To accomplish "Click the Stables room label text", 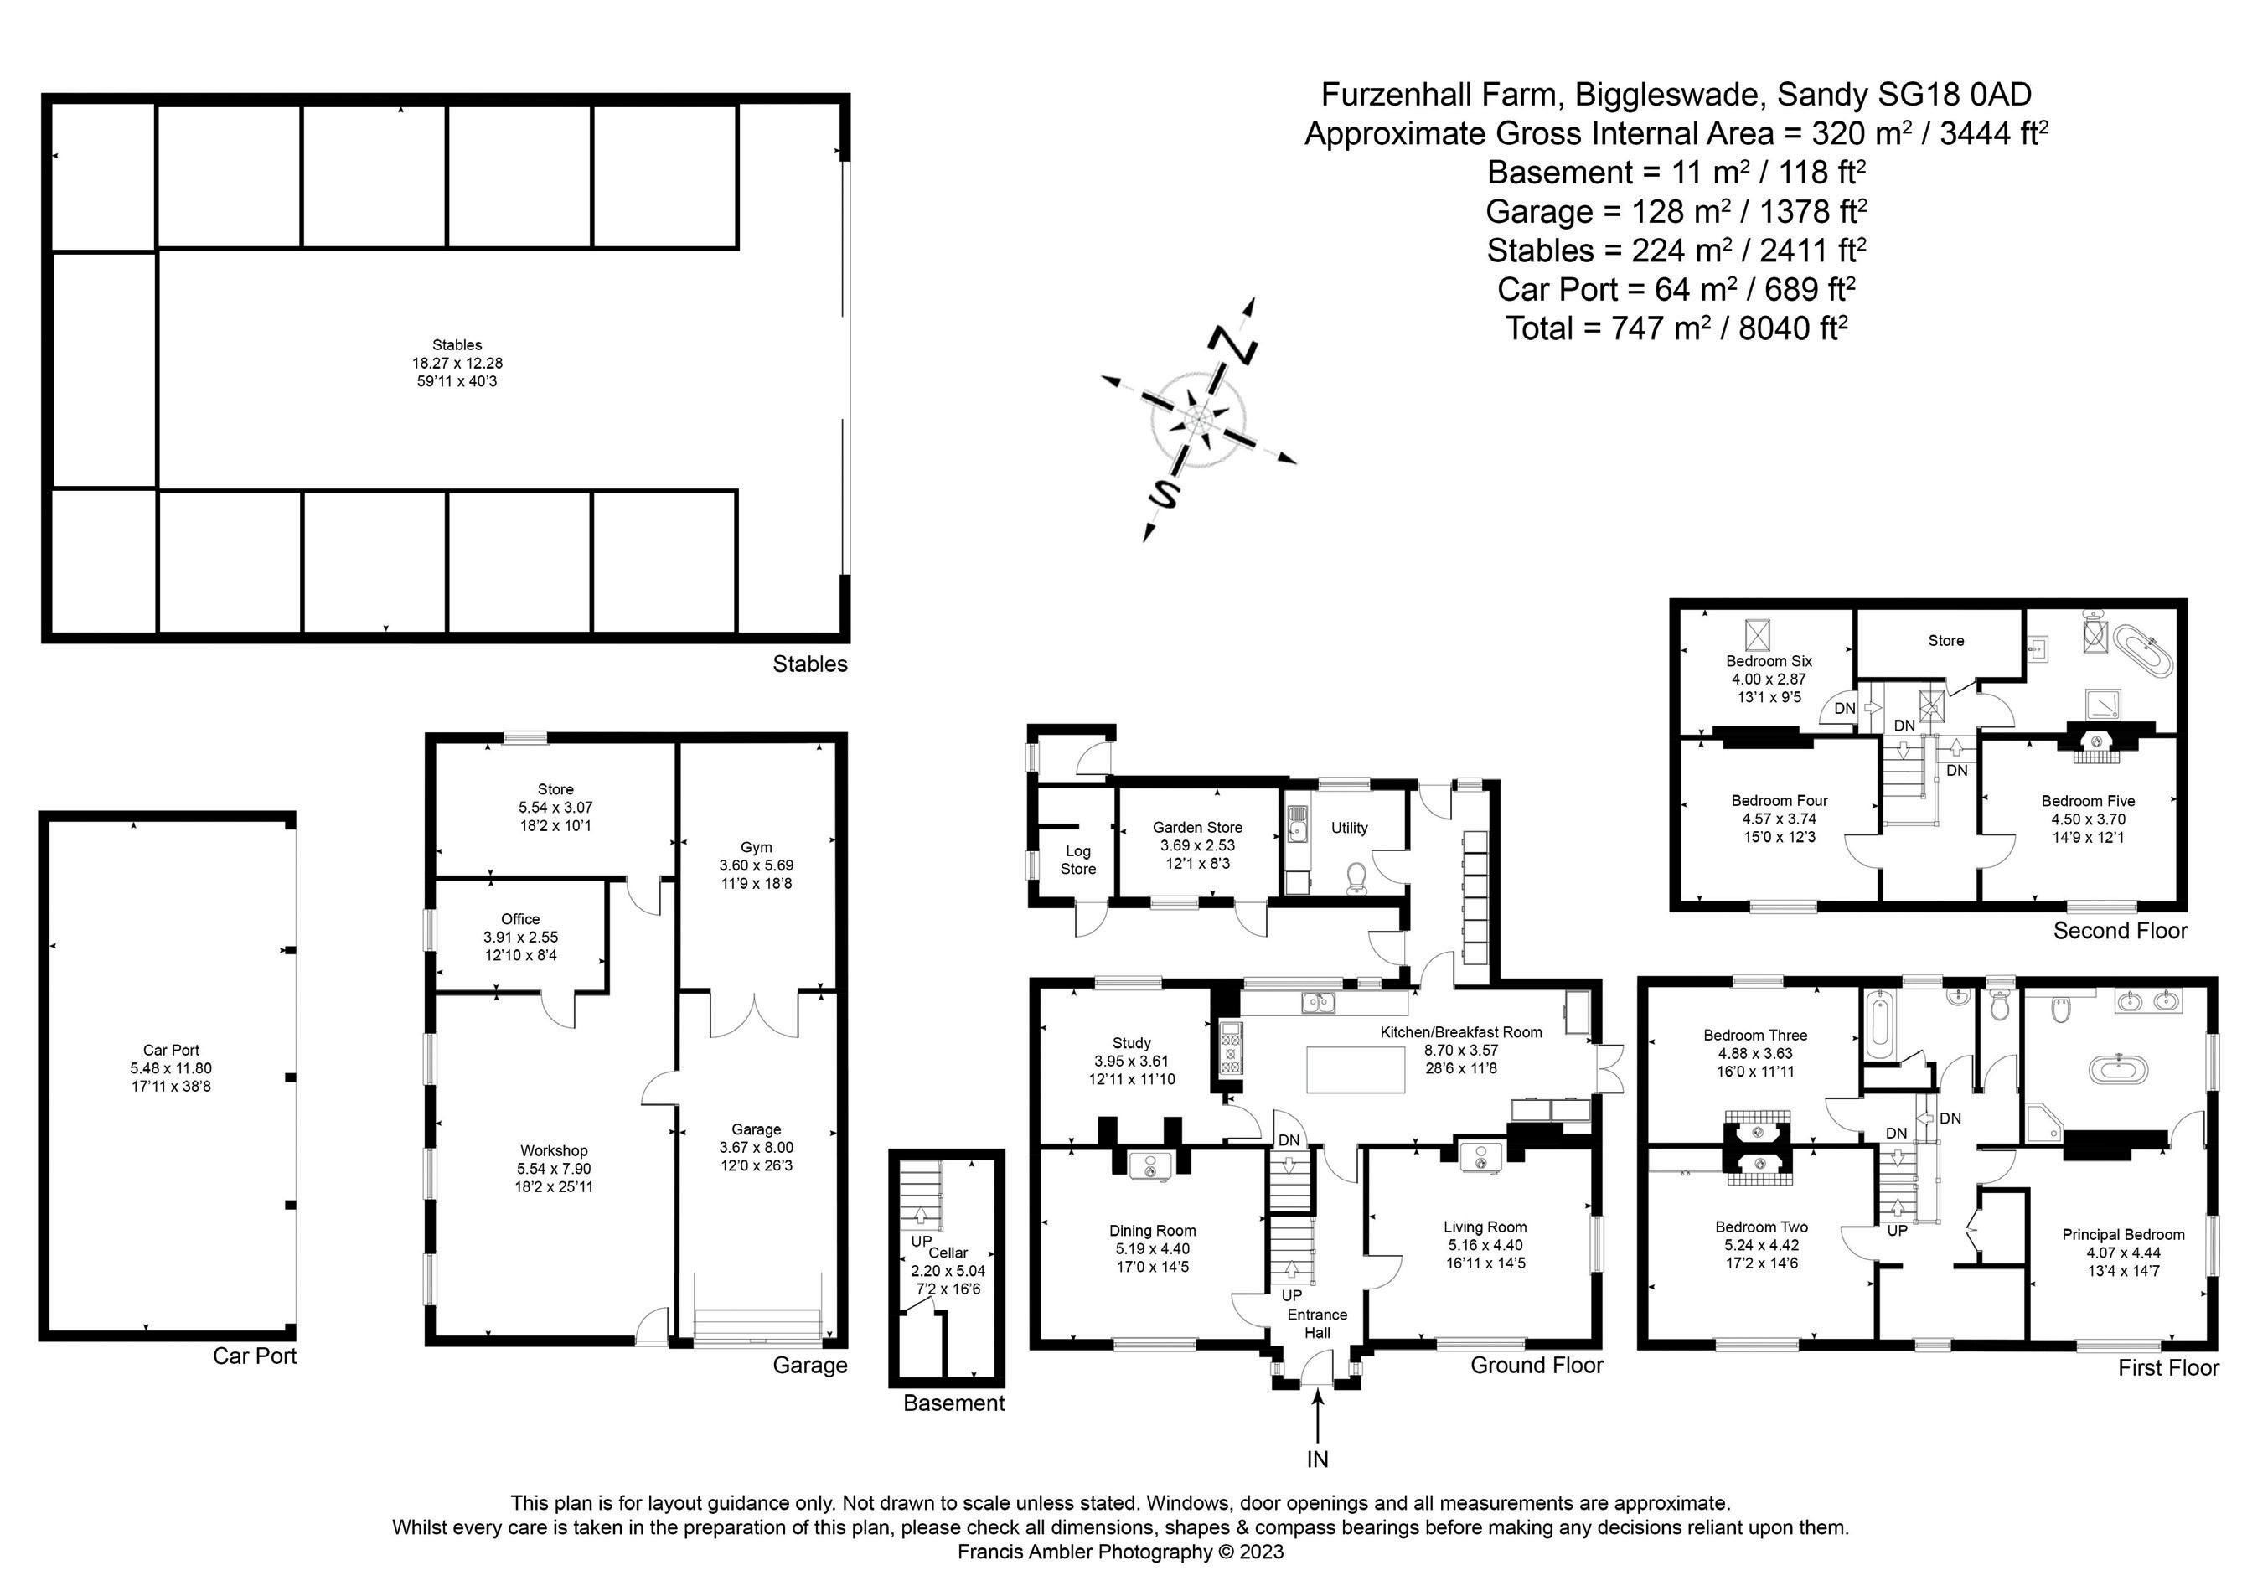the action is pyautogui.click(x=457, y=344).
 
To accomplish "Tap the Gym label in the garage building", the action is pyautogui.click(x=756, y=848).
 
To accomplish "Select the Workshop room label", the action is pyautogui.click(x=554, y=1150).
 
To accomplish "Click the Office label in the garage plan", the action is pyautogui.click(x=519, y=919).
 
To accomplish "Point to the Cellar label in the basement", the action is pyautogui.click(x=948, y=1253).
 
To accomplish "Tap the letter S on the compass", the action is pyautogui.click(x=1163, y=494).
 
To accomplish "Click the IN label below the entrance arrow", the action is pyautogui.click(x=1317, y=1459).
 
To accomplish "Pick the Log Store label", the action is pyautogui.click(x=1078, y=860).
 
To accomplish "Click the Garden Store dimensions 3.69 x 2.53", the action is pyautogui.click(x=1197, y=845).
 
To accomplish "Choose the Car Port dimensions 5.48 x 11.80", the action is pyautogui.click(x=171, y=1068).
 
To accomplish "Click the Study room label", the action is pyautogui.click(x=1131, y=1043).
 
